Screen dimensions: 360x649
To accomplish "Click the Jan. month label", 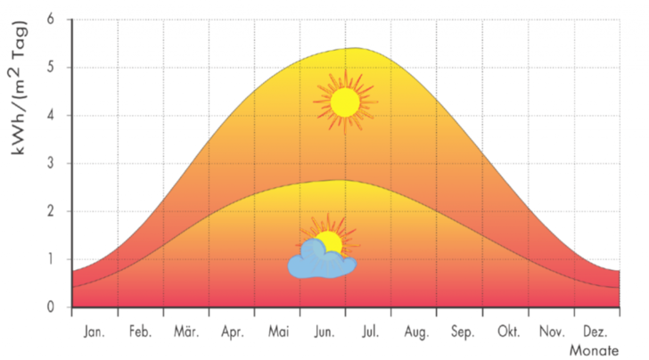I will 94,331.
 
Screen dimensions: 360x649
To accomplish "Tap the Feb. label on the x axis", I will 140,331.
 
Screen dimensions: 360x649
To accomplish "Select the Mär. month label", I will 185,331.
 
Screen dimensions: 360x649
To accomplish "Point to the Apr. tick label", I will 232,331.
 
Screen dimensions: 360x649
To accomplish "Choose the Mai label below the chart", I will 278,331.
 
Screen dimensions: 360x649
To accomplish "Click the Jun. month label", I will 324,331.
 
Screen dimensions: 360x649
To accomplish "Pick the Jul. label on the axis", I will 370,331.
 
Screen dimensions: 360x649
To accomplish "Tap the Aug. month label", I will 415,331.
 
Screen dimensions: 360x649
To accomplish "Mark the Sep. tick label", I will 462,331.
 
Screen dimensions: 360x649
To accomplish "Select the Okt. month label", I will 507,331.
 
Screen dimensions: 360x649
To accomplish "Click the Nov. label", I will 553,331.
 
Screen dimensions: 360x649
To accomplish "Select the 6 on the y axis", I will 50,20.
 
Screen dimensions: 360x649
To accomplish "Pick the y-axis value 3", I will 50,164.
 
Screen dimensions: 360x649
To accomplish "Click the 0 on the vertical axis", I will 50,307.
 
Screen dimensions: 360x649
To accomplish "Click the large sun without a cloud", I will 345,102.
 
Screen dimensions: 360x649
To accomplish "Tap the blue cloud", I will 320,262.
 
